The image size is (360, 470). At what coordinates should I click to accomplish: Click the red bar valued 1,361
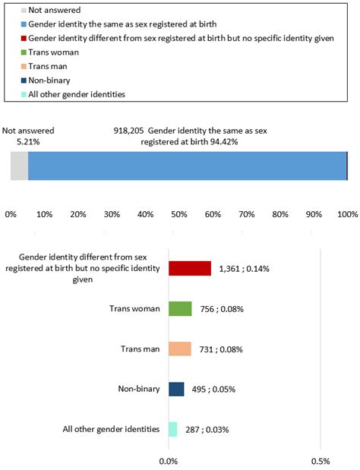(189, 268)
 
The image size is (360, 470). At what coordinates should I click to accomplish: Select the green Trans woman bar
(180, 308)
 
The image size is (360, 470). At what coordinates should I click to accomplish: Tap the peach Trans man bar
(180, 349)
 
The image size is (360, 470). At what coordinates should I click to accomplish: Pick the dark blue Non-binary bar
(176, 389)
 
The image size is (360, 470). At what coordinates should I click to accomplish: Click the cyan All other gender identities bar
(172, 429)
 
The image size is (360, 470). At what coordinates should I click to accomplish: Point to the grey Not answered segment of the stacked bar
(19, 166)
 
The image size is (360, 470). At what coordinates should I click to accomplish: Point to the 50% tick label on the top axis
(179, 215)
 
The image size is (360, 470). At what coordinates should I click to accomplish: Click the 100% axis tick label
(347, 215)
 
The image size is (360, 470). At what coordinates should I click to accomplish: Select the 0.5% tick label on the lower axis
(321, 460)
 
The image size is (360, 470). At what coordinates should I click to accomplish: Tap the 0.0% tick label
(169, 460)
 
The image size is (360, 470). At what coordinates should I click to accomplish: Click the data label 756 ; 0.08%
(221, 308)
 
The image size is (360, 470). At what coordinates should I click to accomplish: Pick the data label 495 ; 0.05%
(213, 389)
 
